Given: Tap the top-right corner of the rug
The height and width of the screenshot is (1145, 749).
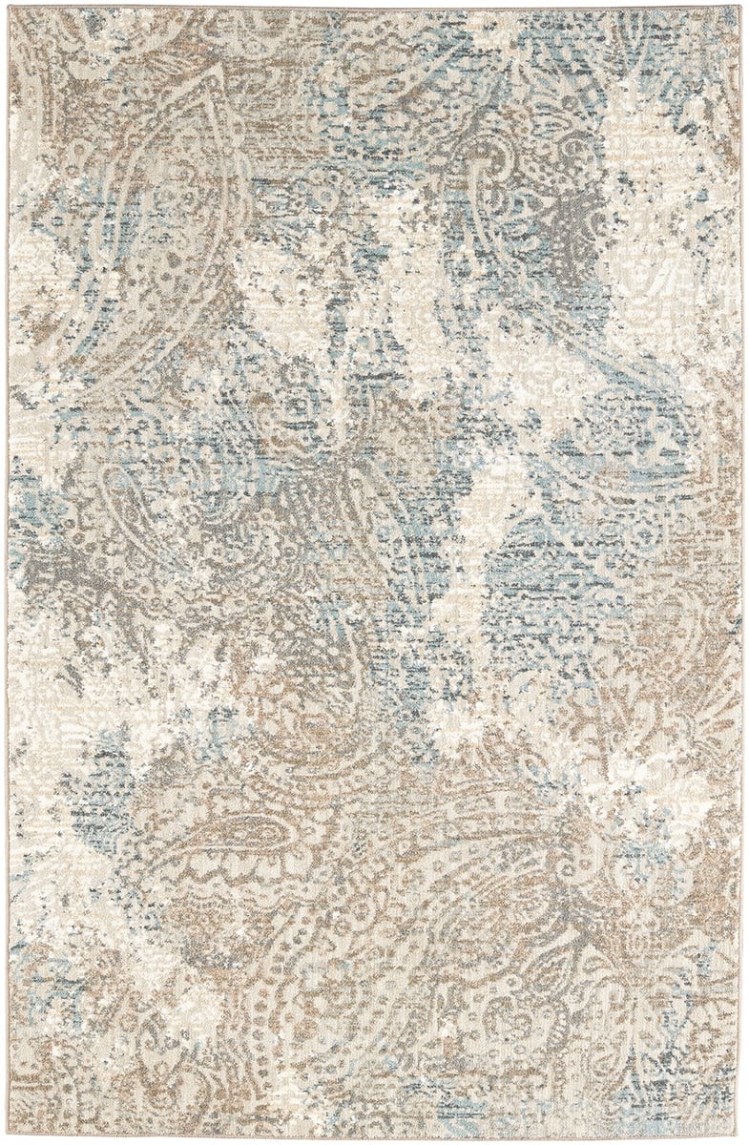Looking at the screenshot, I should [x=739, y=8].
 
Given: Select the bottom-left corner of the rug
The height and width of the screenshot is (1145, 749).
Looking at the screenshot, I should [x=10, y=1136].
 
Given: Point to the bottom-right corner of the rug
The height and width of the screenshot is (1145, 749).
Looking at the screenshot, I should [x=739, y=1136].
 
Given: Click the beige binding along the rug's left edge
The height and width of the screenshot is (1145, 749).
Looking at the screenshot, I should [x=8, y=572].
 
